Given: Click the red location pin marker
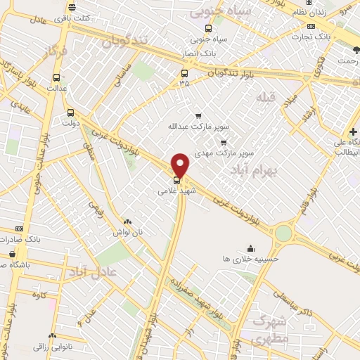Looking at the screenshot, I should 181,165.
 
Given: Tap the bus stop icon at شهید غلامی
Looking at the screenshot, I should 176,179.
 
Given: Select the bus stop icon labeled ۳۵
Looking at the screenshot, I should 185,72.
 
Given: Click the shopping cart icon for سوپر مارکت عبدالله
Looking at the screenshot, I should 198,116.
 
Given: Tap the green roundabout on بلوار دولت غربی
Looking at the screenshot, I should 283,233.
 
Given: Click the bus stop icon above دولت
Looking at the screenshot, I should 70,112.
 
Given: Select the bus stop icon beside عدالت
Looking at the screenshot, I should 56,78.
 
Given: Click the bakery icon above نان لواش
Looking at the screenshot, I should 127,221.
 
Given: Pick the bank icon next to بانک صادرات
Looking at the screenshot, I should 18,229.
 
